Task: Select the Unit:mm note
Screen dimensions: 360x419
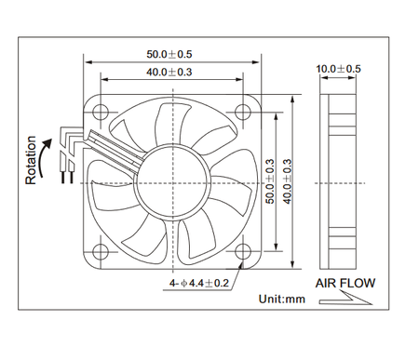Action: pyautogui.click(x=281, y=300)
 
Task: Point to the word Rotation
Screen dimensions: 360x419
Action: pyautogui.click(x=31, y=161)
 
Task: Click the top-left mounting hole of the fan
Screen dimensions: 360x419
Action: pyautogui.click(x=100, y=111)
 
